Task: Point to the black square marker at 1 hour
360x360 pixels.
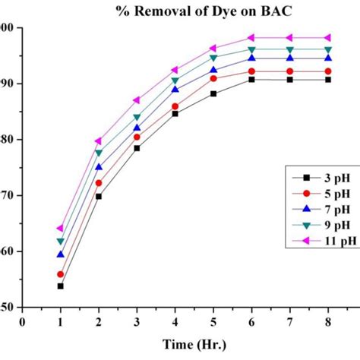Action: pyautogui.click(x=60, y=286)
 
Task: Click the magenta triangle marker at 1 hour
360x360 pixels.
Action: pyautogui.click(x=60, y=228)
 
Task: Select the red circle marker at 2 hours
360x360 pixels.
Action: pyautogui.click(x=98, y=183)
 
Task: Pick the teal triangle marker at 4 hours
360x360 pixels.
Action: pyautogui.click(x=175, y=81)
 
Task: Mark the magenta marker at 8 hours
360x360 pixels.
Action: pyautogui.click(x=327, y=37)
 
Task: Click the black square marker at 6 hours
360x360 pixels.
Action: pyautogui.click(x=251, y=79)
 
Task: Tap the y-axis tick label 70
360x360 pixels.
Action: pyautogui.click(x=8, y=195)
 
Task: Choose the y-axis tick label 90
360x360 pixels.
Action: pyautogui.click(x=8, y=84)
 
